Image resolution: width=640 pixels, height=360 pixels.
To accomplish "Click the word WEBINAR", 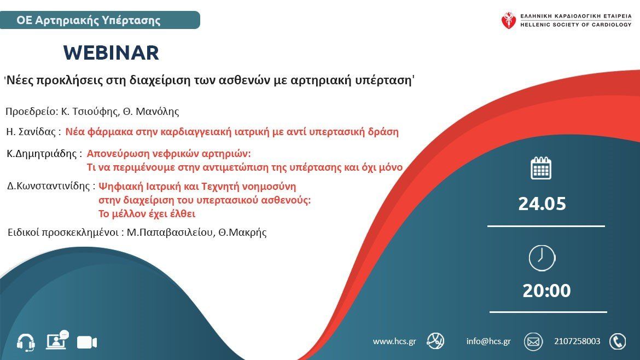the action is pos(111,53).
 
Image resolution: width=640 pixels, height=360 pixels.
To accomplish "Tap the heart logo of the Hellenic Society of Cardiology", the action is pos(509,20).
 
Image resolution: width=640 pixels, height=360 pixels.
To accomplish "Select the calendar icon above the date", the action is pos(541,168).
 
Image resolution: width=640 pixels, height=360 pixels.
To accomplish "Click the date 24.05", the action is pos(542,204).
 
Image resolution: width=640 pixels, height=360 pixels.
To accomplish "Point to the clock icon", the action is pos(542,258).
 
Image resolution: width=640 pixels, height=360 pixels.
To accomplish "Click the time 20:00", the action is pos(546,291).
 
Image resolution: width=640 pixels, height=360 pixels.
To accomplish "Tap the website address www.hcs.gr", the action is pos(394,341).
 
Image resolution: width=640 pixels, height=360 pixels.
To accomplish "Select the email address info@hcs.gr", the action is pos(488,341).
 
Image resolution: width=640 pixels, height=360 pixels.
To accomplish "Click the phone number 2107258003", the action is pos(577,341).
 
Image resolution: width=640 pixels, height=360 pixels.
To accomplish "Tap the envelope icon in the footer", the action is pos(533,341).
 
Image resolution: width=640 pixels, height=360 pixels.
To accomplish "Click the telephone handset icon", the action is pos(618,341).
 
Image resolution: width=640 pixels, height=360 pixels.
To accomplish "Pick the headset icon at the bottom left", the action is pos(26,342).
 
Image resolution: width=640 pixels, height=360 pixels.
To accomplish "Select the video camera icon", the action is pos(87,342).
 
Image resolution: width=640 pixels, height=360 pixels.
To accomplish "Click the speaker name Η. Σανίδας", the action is pos(31,132).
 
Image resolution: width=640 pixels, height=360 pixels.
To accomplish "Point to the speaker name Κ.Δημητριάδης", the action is pos(42,154).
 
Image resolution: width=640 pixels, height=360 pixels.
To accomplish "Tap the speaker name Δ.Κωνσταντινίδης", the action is pos(49,186).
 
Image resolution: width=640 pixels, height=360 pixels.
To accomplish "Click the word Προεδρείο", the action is pos(31,112).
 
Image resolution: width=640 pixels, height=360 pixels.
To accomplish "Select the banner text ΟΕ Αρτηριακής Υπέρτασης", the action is pos(89,20).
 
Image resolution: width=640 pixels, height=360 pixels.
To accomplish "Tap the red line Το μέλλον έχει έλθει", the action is pos(147,213).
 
